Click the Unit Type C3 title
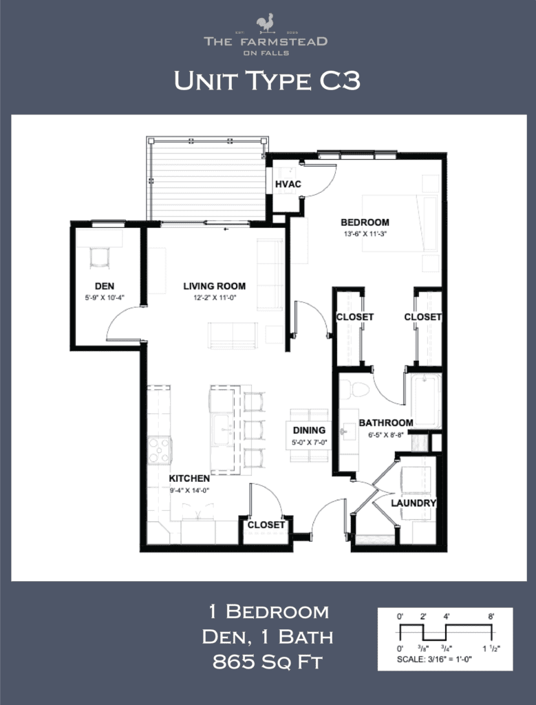point(267,81)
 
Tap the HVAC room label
point(286,185)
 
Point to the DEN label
point(104,286)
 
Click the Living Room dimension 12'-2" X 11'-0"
point(214,297)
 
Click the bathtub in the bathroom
point(426,401)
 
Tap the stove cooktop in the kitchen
point(160,450)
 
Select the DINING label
point(308,430)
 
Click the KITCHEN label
point(189,478)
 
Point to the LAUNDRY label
point(414,503)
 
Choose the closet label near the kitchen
point(266,525)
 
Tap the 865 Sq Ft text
point(268,663)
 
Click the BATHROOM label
point(385,423)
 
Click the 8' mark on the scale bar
point(491,617)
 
